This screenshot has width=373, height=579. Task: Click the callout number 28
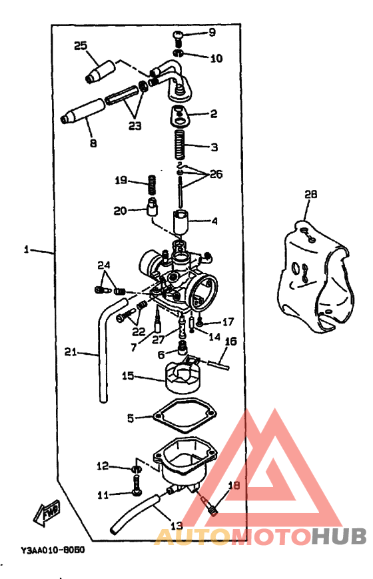tap(311, 195)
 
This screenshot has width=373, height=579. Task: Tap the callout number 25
tap(81, 45)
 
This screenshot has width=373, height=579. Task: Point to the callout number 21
tap(71, 351)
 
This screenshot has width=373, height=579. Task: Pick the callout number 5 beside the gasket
tap(131, 418)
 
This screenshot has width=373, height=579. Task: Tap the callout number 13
tap(176, 525)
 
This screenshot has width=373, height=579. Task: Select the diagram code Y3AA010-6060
tap(51, 551)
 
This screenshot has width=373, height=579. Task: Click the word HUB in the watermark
tap(338, 536)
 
